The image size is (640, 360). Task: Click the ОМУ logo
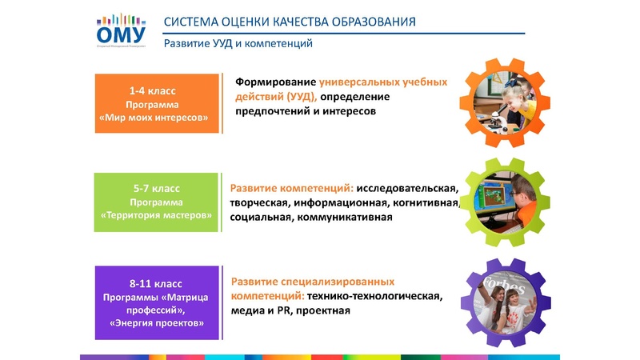click(120, 30)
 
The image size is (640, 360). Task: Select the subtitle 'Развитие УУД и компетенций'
click(238, 43)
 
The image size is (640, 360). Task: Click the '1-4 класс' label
click(157, 91)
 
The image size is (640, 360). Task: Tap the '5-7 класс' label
click(157, 189)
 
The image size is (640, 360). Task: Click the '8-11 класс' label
click(157, 283)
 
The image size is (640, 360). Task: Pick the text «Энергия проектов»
click(157, 322)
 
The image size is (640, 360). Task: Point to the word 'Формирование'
click(275, 82)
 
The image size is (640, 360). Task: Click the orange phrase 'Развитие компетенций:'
click(292, 189)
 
